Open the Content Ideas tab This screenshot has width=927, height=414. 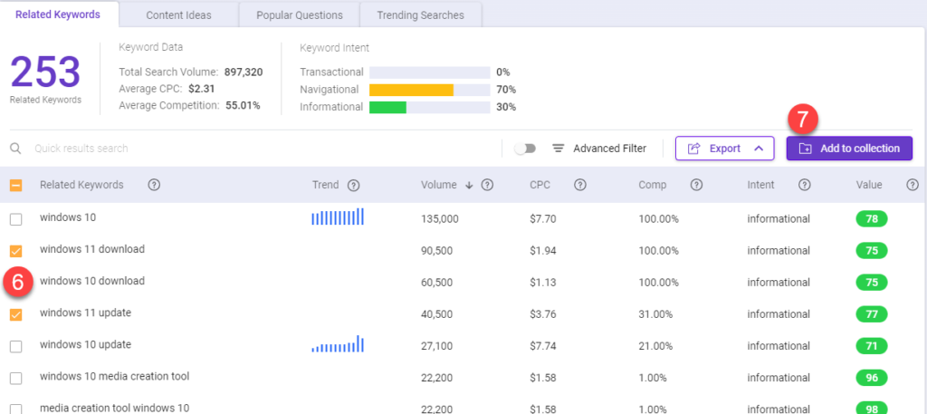point(178,15)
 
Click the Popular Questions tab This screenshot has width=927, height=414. point(299,15)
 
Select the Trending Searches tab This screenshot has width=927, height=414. point(420,15)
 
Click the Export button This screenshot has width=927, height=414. point(725,149)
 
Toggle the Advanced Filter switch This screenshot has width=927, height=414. point(525,149)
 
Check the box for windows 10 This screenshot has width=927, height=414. point(16,219)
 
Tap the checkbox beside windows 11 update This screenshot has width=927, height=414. point(16,314)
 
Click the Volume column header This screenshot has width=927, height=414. point(439,185)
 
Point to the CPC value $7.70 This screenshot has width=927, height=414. point(543,219)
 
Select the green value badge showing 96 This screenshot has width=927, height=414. point(872,378)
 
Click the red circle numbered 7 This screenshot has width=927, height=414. point(802,120)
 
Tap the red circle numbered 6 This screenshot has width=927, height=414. point(18,284)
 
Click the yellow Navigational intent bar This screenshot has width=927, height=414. point(412,90)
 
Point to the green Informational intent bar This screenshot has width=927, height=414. point(387,107)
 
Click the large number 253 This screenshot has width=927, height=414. point(45,72)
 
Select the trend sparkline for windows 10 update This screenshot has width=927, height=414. point(338,344)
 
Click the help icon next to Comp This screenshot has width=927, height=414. point(696,185)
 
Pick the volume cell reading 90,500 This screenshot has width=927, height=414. point(437,251)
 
